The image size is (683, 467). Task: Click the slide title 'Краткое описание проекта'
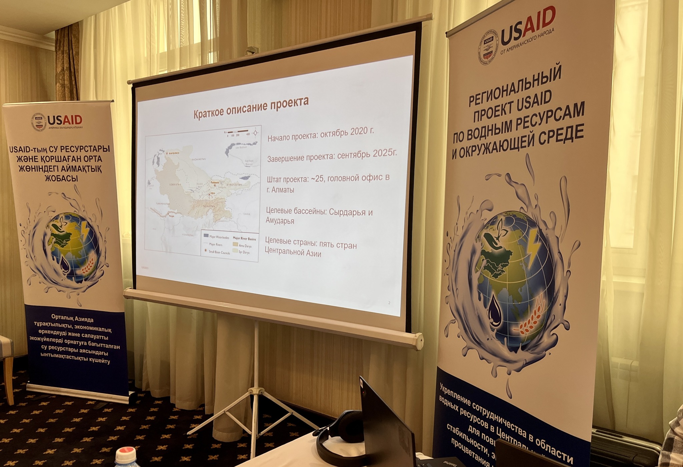251,107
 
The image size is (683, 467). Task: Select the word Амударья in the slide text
280,221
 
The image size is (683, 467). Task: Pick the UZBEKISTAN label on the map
175,184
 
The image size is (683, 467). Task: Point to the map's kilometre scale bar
238,131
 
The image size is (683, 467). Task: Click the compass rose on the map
255,132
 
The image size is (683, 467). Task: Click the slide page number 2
389,303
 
